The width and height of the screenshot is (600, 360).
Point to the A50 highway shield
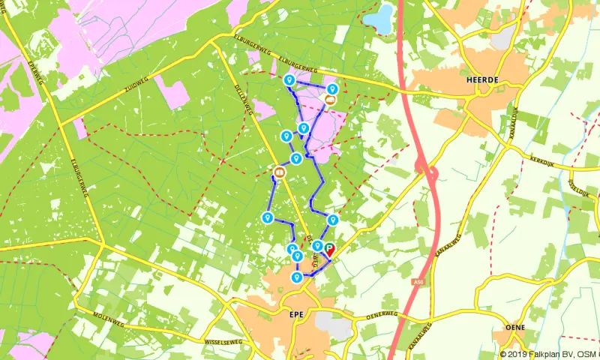416,282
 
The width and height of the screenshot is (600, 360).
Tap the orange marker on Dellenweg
280,172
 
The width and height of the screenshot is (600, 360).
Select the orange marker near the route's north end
329,98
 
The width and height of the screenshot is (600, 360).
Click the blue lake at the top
382,19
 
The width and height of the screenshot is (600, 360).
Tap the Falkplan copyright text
548,354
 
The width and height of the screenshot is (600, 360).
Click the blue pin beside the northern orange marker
331,88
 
